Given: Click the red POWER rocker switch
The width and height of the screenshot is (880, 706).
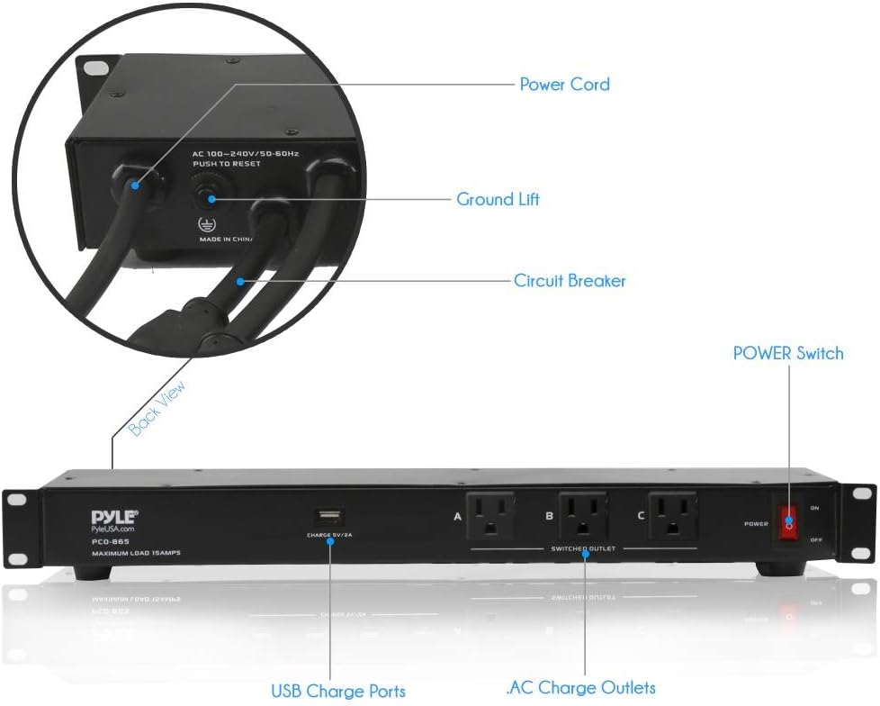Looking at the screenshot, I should (788, 521).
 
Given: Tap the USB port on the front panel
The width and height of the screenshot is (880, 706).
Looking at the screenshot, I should (328, 517).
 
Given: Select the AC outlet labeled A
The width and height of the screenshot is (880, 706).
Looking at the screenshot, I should (489, 516).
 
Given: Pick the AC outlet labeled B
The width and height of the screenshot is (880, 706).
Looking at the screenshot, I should (582, 516).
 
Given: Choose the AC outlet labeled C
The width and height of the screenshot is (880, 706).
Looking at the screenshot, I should (673, 516).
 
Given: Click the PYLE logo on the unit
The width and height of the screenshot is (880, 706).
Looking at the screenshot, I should (113, 517).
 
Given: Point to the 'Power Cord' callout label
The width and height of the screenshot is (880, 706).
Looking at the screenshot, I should (564, 85).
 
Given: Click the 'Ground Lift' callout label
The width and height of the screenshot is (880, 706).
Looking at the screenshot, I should (498, 200).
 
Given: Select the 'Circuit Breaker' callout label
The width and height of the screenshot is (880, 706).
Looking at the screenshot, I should (570, 281).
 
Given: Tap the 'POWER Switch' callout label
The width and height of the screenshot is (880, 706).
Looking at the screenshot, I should (788, 353).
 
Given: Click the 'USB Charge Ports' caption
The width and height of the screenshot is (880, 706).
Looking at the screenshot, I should (338, 692).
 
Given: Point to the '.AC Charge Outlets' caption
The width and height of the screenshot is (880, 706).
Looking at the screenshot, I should (581, 688).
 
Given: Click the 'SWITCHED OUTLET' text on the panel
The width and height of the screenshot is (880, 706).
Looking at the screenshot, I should (582, 548).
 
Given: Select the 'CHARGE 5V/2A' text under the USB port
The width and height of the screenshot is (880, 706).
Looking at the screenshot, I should (328, 536).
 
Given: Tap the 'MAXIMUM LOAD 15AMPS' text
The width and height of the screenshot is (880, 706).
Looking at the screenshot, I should (136, 552).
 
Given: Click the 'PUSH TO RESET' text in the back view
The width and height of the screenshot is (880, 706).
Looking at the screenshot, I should (226, 165).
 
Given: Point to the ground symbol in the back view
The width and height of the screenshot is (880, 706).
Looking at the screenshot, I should (206, 224).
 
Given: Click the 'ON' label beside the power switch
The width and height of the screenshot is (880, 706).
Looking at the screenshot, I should (815, 508).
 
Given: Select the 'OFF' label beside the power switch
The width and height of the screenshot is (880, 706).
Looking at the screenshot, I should (816, 539).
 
